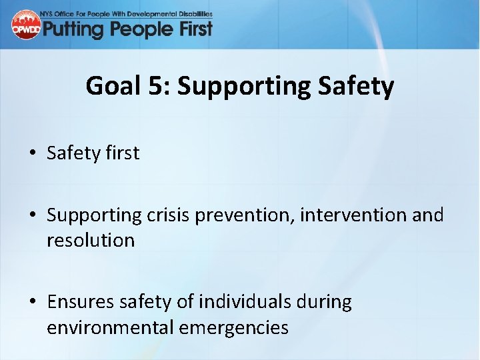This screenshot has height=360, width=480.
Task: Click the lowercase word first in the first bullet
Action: pyautogui.click(x=123, y=153)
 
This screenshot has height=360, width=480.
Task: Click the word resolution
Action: pyautogui.click(x=91, y=240)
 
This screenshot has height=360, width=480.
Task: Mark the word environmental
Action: pyautogui.click(x=107, y=327)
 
